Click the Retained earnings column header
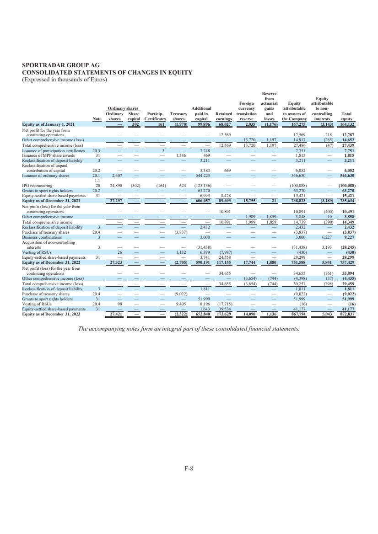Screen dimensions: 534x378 pos(224,116)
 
